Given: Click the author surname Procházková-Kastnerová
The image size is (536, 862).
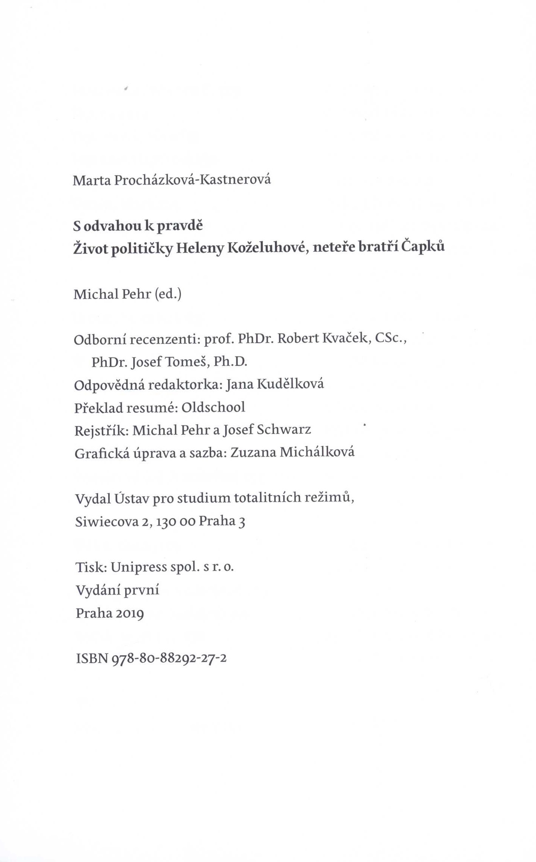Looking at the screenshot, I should tap(192, 180).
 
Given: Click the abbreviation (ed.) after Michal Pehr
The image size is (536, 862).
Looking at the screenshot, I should tap(167, 294).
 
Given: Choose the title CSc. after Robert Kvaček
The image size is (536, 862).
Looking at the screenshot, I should tap(390, 339).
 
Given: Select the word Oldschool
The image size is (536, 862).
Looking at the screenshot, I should tap(213, 407).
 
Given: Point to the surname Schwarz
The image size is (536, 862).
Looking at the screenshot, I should tap(284, 430).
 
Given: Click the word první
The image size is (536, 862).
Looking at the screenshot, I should tap(141, 591).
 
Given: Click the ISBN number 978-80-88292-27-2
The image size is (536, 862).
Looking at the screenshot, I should tap(169, 659).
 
